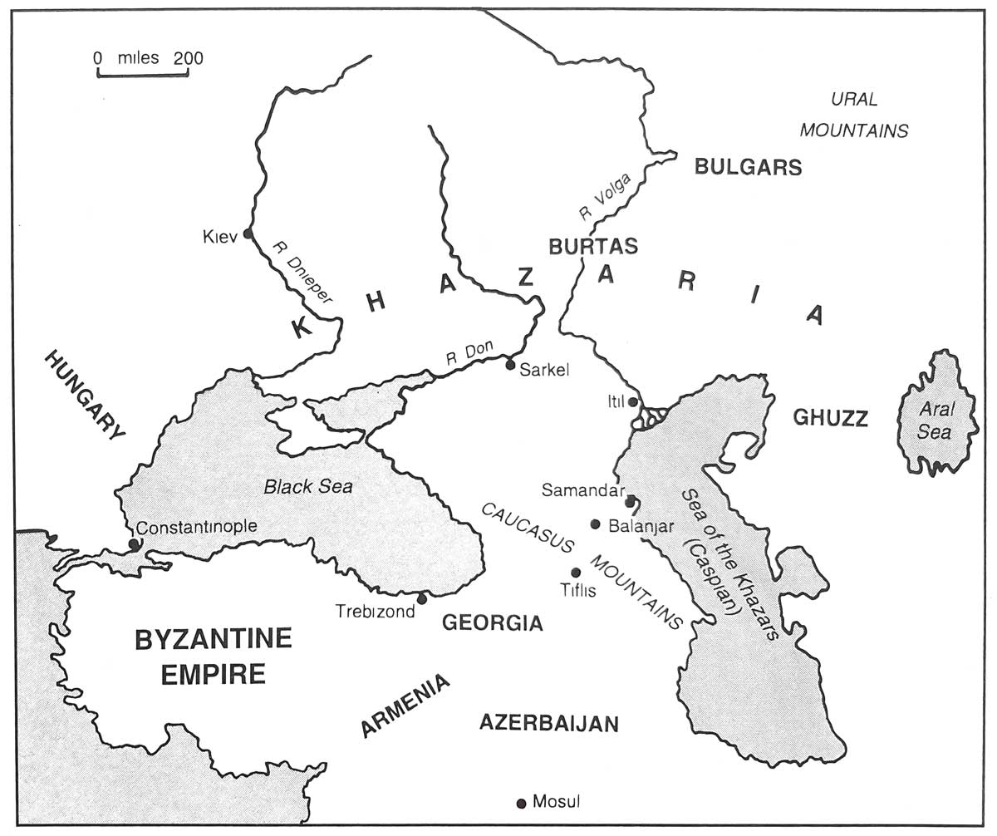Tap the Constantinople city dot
(134, 544)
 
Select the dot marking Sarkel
(511, 364)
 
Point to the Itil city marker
(633, 402)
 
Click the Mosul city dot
(521, 803)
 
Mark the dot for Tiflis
(576, 573)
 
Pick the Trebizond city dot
(421, 598)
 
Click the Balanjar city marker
(595, 524)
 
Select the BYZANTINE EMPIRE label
(214, 656)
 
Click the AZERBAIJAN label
(549, 724)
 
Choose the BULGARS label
(748, 167)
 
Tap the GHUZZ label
(830, 418)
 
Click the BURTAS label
(593, 246)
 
